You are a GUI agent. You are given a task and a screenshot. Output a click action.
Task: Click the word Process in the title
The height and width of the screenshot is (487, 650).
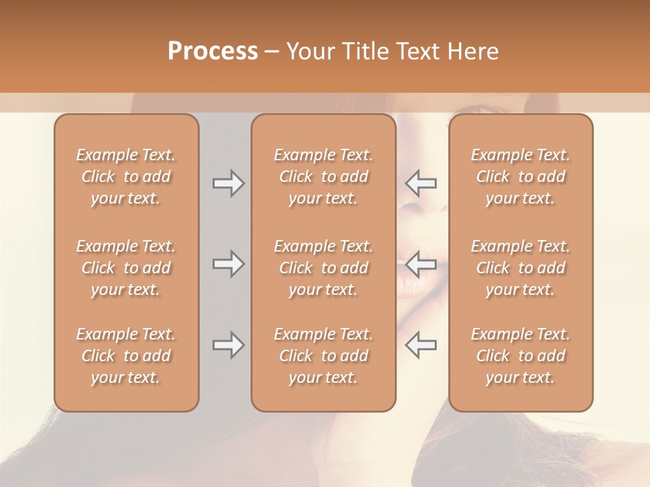[213, 51]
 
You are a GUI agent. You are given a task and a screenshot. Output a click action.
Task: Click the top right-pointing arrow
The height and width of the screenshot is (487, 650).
[228, 183]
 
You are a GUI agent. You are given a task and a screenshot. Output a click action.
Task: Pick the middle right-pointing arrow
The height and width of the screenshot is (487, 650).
[228, 264]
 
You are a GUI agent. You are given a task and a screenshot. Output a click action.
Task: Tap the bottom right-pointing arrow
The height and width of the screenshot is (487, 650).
[228, 345]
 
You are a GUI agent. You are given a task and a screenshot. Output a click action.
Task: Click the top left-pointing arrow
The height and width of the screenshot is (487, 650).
[421, 183]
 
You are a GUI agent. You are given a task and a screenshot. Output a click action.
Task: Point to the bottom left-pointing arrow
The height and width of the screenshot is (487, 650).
[421, 345]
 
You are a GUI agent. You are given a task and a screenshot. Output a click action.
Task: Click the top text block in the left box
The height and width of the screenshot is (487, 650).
[126, 177]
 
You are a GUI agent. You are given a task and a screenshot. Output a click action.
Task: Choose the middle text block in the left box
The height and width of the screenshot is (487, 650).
[126, 268]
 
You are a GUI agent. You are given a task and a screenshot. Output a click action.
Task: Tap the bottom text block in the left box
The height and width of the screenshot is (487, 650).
[126, 356]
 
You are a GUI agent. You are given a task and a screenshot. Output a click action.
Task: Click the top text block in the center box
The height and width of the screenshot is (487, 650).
[324, 177]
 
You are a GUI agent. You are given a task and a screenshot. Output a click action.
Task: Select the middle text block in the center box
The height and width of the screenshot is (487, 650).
[324, 268]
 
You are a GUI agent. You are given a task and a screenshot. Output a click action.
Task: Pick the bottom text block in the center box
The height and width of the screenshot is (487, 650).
[324, 356]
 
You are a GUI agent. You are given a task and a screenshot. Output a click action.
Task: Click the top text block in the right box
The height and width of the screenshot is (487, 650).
[521, 177]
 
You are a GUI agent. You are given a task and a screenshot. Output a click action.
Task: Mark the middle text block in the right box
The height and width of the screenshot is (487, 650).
[521, 268]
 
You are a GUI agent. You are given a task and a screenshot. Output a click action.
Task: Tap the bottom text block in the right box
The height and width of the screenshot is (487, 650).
[521, 356]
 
